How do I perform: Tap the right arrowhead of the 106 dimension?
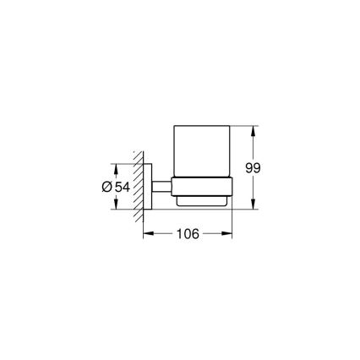tap(230, 234)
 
